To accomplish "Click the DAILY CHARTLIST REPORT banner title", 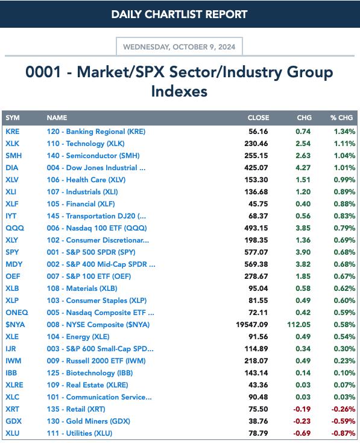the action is pos(179,14).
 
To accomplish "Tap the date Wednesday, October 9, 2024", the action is pos(179,47).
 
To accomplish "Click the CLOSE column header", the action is pos(258,118).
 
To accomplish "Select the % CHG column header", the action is pos(342,118).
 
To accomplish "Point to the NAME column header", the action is pos(57,118).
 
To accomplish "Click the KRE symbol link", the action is pos(13,132).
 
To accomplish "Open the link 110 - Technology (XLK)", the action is pos(86,144).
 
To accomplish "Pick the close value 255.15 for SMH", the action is pos(256,156).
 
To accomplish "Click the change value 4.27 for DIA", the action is pos(303,168).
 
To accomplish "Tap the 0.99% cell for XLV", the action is pos(344,180).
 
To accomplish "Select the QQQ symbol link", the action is pos(14,228).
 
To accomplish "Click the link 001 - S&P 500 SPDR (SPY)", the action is pos(91,252).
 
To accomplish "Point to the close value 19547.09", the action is pos(252,325).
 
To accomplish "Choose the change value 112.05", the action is pos(299,325).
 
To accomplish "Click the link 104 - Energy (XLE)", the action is pos(78,337).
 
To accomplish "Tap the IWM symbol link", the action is pos(13,361).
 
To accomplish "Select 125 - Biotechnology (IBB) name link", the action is pos(90,373).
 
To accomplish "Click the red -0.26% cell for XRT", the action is pos(343,409).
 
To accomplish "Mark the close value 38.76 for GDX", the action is pos(258,421).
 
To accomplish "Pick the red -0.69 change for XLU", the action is pos(302,434).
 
